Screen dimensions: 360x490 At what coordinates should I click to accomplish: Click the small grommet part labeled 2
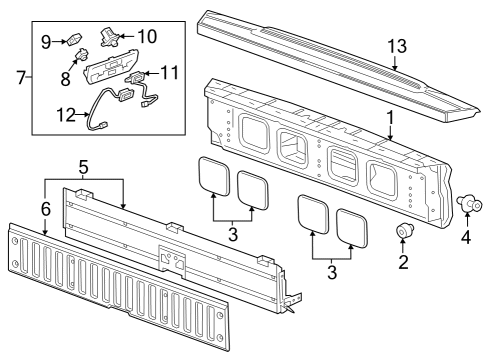tap(403, 233)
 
